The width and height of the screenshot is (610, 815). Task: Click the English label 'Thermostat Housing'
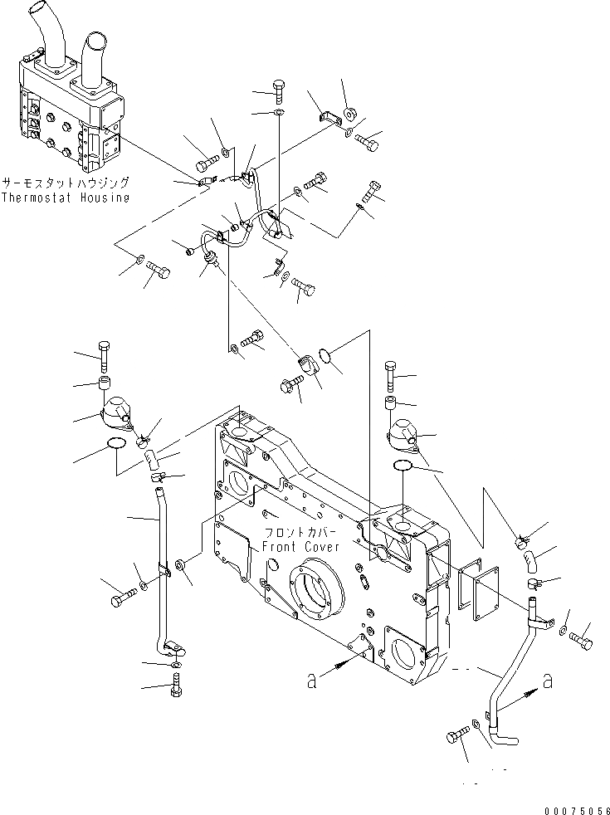click(x=65, y=198)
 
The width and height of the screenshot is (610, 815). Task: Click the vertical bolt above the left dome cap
click(x=105, y=355)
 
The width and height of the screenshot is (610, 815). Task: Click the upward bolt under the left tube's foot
click(x=175, y=686)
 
